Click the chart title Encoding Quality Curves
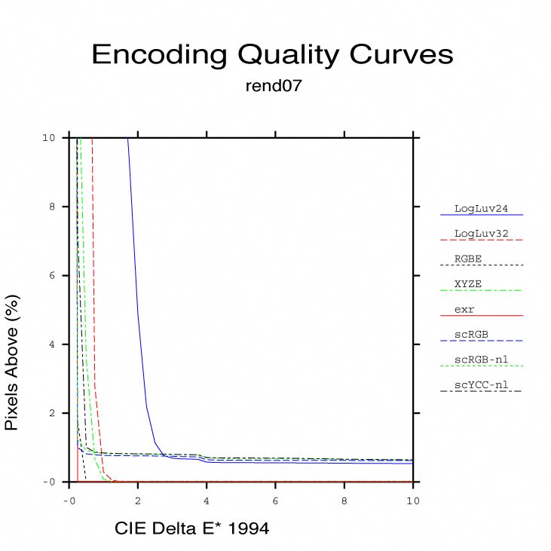click(272, 54)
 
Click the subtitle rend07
click(274, 86)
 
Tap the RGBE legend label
click(467, 258)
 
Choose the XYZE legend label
click(467, 283)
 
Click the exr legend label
click(464, 308)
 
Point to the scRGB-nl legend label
click(481, 359)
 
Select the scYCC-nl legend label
click(481, 384)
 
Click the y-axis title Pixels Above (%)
click(12, 362)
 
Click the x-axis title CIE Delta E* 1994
click(191, 529)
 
